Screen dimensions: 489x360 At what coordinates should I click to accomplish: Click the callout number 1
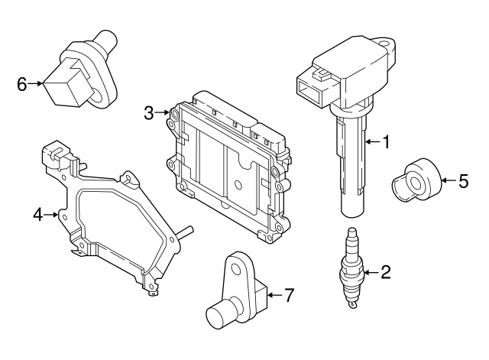[x=386, y=142]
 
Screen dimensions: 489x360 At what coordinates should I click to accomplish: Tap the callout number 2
[x=385, y=272]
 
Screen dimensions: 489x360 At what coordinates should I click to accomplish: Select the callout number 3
[x=149, y=112]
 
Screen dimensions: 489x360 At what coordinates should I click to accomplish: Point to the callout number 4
[x=37, y=215]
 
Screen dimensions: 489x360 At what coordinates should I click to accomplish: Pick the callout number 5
[x=464, y=181]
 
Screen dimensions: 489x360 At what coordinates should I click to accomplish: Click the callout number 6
[x=22, y=84]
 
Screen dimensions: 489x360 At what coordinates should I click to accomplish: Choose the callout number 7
[x=290, y=295]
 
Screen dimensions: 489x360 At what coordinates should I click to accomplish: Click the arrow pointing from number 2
[x=371, y=273]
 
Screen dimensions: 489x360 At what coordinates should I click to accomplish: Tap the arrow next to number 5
[x=449, y=180]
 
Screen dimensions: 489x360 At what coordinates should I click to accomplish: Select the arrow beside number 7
[x=275, y=295]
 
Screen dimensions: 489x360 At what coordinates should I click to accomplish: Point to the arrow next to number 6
[x=35, y=83]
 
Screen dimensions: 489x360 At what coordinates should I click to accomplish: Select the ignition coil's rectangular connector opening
[x=308, y=89]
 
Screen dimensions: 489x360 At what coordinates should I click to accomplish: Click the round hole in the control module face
[x=238, y=185]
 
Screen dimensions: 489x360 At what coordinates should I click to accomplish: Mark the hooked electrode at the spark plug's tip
[x=353, y=304]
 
